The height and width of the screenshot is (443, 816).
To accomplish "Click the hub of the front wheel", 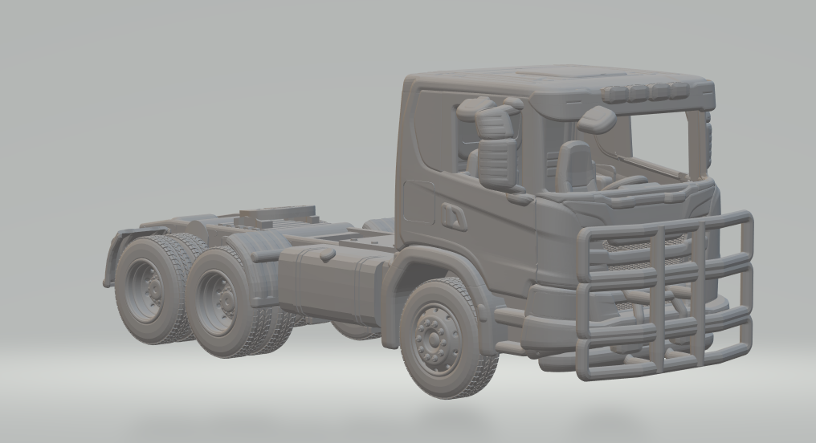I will pos(435,338).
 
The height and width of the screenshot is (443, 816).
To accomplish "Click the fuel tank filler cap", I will pos(326,254).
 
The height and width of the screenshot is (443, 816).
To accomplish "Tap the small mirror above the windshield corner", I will pos(596,120).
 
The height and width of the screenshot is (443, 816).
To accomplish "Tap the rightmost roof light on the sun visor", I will pos(679,90).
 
